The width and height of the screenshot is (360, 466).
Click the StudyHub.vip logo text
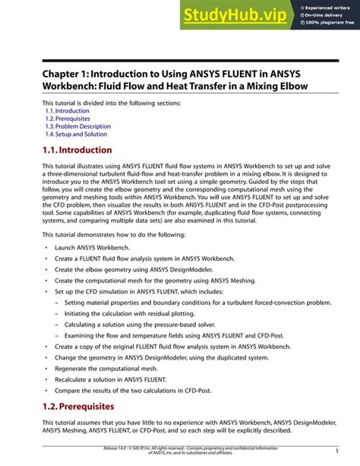tap(236, 14)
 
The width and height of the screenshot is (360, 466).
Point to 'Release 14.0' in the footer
tap(118, 449)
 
